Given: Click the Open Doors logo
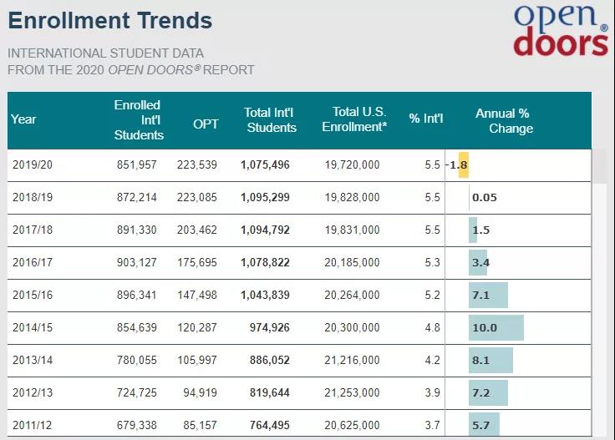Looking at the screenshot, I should [560, 30].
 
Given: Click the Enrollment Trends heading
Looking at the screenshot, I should [110, 20].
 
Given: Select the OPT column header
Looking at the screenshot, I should [206, 124].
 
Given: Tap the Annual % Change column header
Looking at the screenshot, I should [503, 121].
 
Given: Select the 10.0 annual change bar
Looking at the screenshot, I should [496, 328].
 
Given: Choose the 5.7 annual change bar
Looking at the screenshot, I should [484, 426].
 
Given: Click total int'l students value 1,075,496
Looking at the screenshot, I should [265, 165].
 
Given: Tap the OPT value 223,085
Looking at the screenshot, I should [196, 198].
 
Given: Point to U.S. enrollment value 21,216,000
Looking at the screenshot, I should [352, 361].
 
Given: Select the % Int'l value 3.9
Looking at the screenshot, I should [432, 393].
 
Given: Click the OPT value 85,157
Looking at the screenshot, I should [199, 426].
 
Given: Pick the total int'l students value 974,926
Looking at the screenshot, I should [269, 328].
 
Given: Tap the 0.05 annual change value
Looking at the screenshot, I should [485, 198].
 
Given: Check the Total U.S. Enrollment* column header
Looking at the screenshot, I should [359, 120].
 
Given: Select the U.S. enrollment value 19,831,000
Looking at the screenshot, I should [352, 230].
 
